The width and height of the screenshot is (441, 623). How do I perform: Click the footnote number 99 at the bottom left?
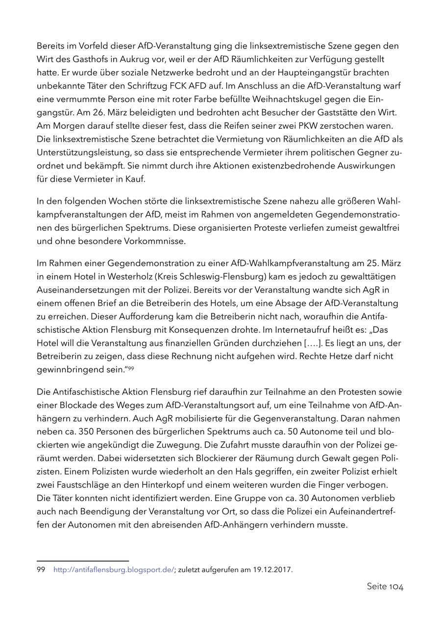coord(41,570)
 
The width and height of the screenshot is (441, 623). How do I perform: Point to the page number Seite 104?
coord(385,587)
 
